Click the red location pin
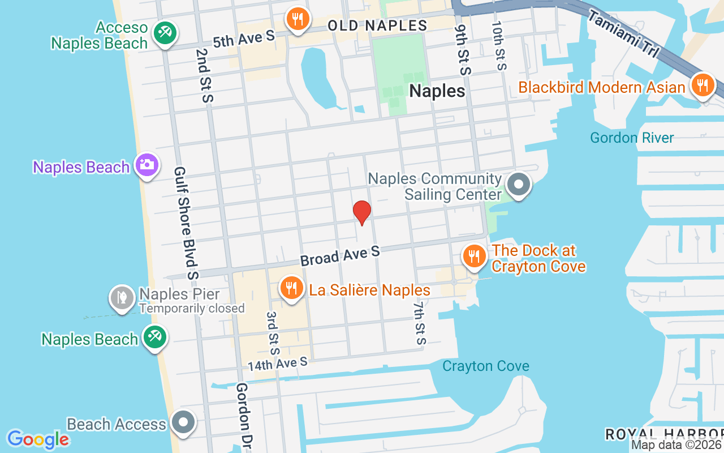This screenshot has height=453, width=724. coord(362,212)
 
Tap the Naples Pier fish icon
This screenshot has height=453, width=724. coord(122,296)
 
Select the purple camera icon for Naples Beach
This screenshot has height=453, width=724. coord(147,165)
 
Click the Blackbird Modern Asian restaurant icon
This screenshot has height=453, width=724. coord(703,86)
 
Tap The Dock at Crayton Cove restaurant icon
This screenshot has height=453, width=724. coord(474,256)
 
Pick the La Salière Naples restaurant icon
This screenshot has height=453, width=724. coord(291,288)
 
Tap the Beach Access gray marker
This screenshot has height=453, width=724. coord(183,422)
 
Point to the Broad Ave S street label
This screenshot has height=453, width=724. coord(340,256)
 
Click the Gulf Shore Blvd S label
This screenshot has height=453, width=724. coord(187,223)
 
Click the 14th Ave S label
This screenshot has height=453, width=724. coord(277,364)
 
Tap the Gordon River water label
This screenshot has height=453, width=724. coord(632,138)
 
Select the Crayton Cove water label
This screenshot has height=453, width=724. coord(486,366)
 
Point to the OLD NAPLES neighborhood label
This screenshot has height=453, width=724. coord(377,25)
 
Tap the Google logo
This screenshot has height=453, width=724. coord(38,439)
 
